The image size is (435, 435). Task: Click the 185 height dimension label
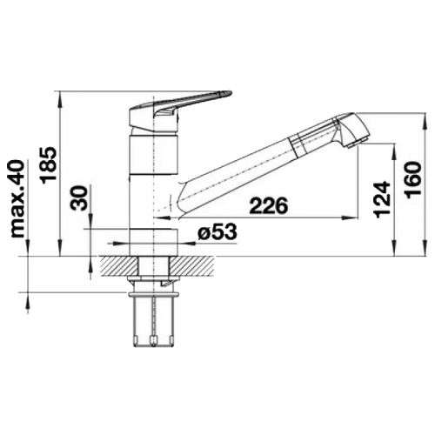point(49,165)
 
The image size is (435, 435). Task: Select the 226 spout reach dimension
point(269,206)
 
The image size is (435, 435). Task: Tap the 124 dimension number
point(382,199)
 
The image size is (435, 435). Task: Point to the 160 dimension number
point(413,180)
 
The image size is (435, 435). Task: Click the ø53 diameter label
point(217,232)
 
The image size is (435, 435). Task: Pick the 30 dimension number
point(79,198)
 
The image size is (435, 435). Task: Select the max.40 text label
point(17,198)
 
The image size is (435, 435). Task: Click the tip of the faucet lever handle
point(231,92)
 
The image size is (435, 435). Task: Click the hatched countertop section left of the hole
point(119,266)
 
